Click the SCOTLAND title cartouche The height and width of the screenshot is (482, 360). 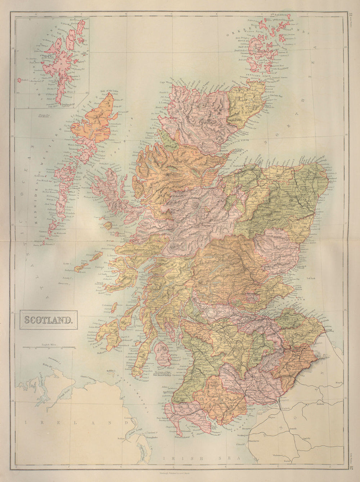(48, 319)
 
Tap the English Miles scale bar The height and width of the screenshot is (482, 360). (48, 347)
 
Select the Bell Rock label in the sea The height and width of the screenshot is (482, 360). (311, 278)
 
